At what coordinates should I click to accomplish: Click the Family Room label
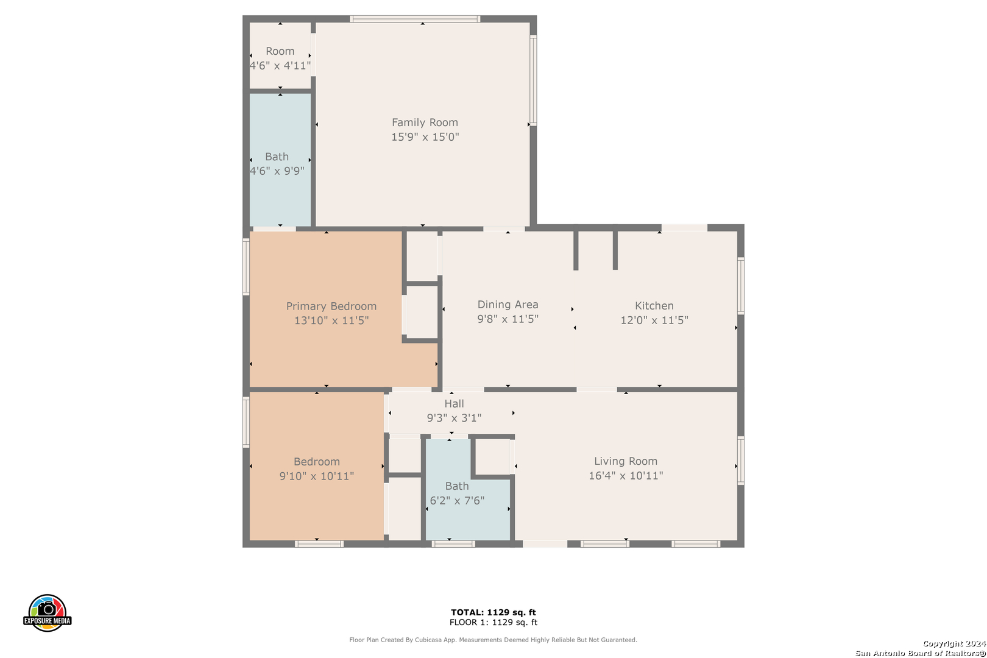425,122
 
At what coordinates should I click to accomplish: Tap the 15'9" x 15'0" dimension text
425,137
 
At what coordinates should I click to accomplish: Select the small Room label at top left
280,51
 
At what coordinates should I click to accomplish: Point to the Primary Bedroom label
331,306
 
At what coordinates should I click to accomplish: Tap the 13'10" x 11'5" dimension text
331,320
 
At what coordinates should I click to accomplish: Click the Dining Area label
508,305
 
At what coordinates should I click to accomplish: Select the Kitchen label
654,306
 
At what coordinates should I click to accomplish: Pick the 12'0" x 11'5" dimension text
654,320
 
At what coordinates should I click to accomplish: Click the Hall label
454,404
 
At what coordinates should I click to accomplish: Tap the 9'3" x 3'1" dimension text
454,418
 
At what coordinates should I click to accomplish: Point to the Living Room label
626,461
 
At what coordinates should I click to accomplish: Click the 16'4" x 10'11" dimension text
626,476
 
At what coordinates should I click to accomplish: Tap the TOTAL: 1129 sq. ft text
493,612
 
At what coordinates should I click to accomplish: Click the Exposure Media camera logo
48,612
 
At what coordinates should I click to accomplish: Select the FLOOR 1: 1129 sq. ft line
493,622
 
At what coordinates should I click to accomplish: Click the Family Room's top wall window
415,19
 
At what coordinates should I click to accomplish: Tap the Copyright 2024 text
953,643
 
